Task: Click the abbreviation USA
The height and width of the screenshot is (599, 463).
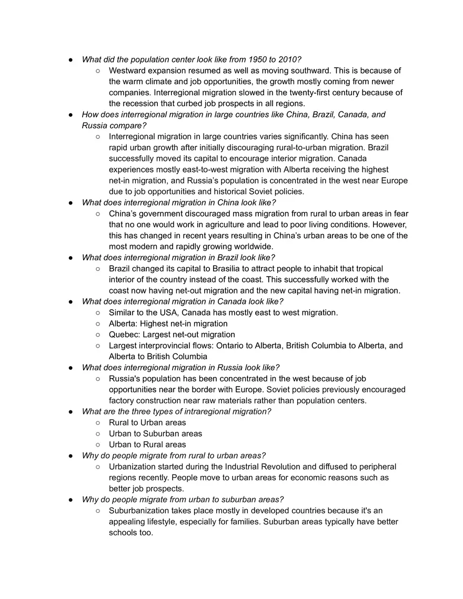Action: coord(167,313)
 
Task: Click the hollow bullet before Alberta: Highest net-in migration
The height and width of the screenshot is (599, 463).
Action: coord(98,324)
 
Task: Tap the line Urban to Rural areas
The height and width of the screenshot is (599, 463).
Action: coord(147,445)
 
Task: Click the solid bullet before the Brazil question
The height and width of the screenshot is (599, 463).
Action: coord(71,258)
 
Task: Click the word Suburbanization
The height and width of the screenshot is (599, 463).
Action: coord(142,511)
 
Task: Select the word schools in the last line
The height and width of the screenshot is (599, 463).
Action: coord(124,533)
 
